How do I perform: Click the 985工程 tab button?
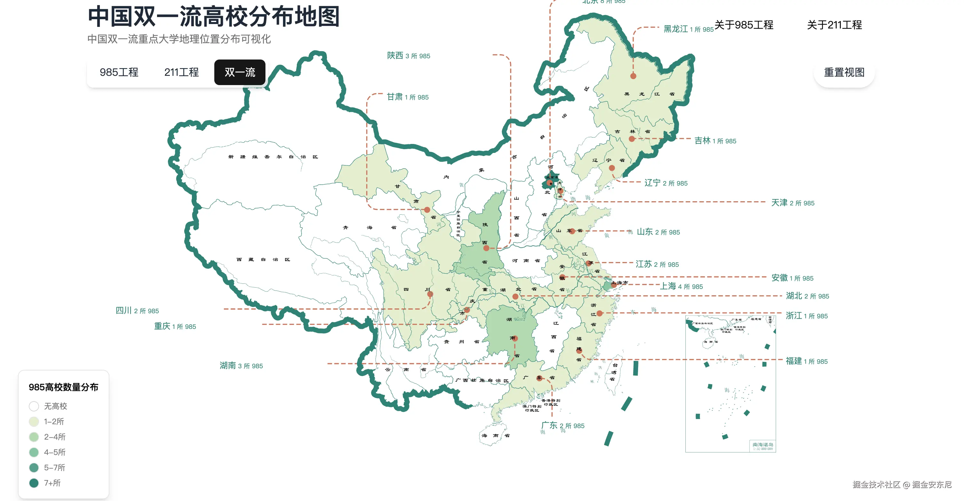click(x=119, y=72)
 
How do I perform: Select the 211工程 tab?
click(x=181, y=72)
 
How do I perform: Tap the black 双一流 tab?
click(x=240, y=72)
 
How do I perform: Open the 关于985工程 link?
click(x=744, y=25)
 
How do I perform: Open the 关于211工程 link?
click(x=834, y=25)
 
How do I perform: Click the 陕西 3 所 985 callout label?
click(x=408, y=56)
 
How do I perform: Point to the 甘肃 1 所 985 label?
click(x=407, y=97)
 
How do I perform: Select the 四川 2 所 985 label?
click(x=137, y=311)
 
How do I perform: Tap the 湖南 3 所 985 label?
click(x=241, y=366)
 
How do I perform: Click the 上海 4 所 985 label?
click(x=681, y=286)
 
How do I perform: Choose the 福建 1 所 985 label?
click(x=806, y=361)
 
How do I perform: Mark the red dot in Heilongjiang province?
click(x=633, y=76)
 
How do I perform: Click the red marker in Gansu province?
click(x=427, y=210)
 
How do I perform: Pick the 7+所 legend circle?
click(x=34, y=483)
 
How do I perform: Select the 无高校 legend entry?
click(x=49, y=406)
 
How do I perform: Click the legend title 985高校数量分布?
click(x=64, y=387)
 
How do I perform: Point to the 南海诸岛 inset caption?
click(x=763, y=445)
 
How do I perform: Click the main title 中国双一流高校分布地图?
click(x=214, y=17)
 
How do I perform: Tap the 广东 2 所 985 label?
click(x=563, y=426)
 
